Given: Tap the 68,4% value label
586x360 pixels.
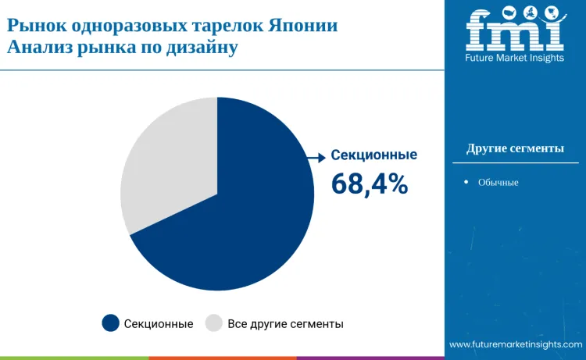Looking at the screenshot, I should [x=369, y=184].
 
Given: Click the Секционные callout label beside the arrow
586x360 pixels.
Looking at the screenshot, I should [x=373, y=155].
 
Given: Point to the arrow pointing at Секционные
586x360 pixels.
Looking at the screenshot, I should [x=316, y=158].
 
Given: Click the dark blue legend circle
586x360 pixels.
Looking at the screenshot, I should [x=110, y=323].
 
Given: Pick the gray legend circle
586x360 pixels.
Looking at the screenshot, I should [x=213, y=323].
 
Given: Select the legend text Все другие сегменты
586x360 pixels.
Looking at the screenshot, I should [x=285, y=323].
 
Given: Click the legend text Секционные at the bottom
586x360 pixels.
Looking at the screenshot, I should [x=159, y=323].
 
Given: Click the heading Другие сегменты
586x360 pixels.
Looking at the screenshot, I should [x=515, y=148].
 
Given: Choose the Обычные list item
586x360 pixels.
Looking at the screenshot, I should [x=498, y=183].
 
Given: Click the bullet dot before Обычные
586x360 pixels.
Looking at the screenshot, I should [x=466, y=183].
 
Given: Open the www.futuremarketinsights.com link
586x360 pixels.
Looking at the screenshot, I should [x=516, y=344].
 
